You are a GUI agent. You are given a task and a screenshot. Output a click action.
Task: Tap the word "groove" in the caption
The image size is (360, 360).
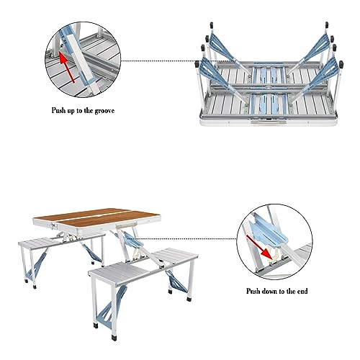(x=104, y=111)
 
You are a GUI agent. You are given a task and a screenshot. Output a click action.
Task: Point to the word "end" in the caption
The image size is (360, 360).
(x=302, y=292)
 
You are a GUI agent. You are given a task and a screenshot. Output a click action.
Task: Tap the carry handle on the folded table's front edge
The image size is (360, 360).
(x=268, y=122)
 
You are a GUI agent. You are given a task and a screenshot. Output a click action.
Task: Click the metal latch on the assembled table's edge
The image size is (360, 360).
(x=53, y=226)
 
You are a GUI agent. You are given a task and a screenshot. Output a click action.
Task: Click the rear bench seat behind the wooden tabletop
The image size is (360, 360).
(x=59, y=241)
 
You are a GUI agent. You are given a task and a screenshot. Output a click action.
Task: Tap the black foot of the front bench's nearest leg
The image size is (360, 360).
(x=114, y=337)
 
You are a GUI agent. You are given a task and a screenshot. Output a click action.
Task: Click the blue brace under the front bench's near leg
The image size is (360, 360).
(x=110, y=305)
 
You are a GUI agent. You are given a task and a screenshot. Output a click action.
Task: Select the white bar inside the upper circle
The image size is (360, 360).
(x=81, y=59)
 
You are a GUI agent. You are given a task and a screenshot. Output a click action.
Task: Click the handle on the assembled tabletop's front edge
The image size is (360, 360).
(x=125, y=225)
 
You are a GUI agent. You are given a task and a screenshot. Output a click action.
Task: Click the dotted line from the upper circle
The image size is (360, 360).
(x=159, y=60)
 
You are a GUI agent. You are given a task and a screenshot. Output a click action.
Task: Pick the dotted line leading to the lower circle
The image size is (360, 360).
(x=188, y=239)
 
